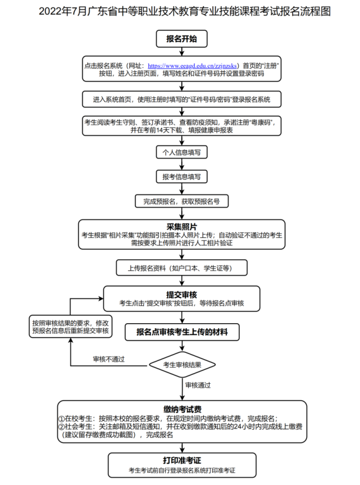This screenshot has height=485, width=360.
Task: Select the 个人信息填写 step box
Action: [x=181, y=152]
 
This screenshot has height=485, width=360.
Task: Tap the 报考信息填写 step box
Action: [x=181, y=176]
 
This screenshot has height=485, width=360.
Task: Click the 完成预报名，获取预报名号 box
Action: [x=181, y=201]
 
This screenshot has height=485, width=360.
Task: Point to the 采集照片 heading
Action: [x=181, y=226]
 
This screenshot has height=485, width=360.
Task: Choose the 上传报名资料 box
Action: [x=181, y=268]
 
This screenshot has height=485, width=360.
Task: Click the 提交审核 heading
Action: [x=181, y=294]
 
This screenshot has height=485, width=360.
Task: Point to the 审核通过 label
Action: [x=198, y=385]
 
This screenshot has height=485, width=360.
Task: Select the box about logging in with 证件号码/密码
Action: [x=181, y=99]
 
